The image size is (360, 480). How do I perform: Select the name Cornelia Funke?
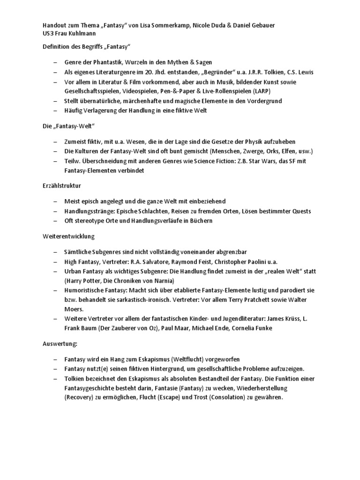pos(251,328)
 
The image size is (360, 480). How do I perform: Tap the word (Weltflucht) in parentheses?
pos(187,359)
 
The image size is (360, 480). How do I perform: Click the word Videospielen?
pos(141,91)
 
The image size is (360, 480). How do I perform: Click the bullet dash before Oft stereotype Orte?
pos(55,220)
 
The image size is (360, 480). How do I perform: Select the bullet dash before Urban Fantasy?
pos(55,271)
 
